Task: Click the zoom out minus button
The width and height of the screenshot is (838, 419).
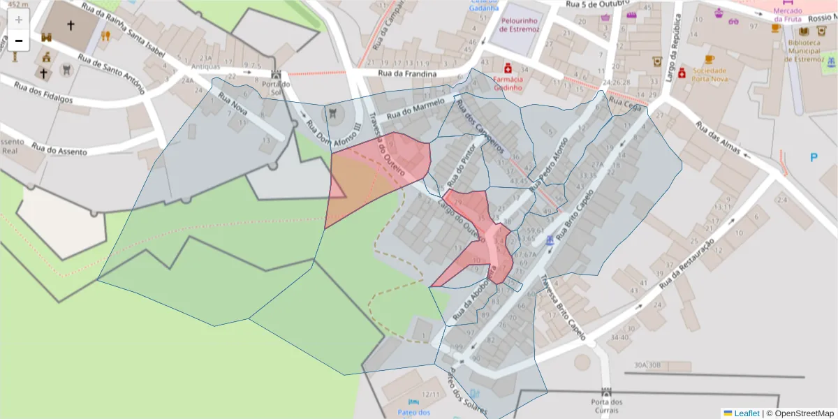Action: tap(19, 41)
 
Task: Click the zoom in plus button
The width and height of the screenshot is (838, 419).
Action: tap(19, 20)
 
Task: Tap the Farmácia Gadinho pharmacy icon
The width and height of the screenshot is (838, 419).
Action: tap(508, 68)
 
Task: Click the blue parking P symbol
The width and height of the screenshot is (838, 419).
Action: tap(814, 158)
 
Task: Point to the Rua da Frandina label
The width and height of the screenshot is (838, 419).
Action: tap(407, 73)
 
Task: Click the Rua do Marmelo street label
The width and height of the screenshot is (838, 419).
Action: tap(416, 109)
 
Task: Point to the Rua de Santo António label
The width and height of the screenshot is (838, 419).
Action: tap(110, 75)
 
